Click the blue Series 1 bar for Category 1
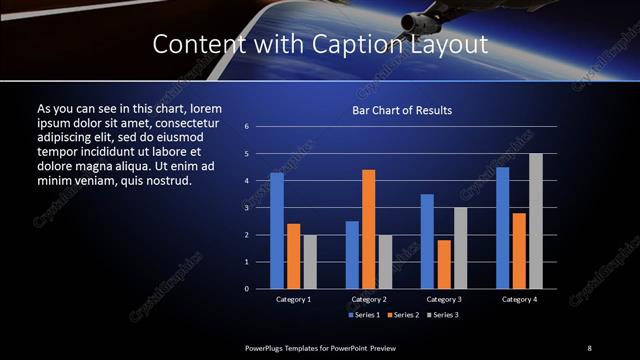[x=277, y=231]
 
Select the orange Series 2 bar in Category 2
[x=369, y=229]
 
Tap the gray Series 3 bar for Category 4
[x=536, y=221]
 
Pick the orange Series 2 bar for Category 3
[x=445, y=264]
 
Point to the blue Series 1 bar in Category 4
[x=503, y=228]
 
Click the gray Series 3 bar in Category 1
[x=310, y=262]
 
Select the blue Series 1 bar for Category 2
[x=352, y=255]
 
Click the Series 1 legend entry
[x=362, y=315]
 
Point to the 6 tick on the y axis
[x=246, y=127]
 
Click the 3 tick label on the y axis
[x=246, y=208]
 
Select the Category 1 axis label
[x=293, y=299]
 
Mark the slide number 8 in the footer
[x=589, y=347]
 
